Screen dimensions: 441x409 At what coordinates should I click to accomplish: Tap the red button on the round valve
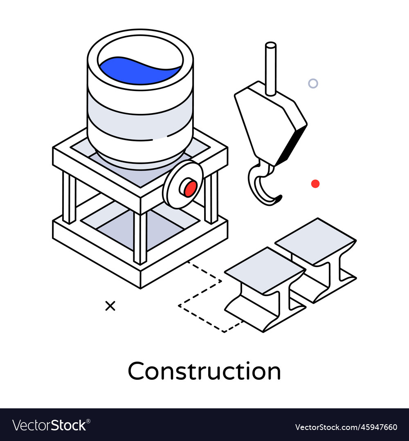click(190, 189)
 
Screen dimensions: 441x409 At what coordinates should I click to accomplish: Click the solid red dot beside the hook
click(315, 184)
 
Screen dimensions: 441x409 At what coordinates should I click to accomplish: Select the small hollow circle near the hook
click(313, 84)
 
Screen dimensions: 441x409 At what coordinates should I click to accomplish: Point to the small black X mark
click(110, 306)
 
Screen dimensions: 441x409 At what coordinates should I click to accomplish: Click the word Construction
click(204, 371)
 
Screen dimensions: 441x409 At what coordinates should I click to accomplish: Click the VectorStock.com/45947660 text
click(346, 427)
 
